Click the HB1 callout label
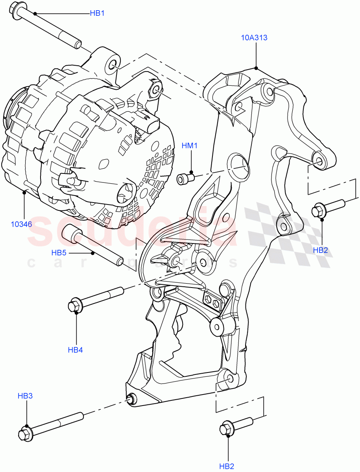click(97, 13)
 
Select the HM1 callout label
click(190, 146)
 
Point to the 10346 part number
click(22, 225)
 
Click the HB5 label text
click(59, 253)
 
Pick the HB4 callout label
click(76, 349)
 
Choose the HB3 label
click(25, 396)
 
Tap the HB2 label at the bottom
click(227, 466)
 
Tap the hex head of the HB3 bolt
click(24, 433)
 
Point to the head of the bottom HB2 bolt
click(227, 428)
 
